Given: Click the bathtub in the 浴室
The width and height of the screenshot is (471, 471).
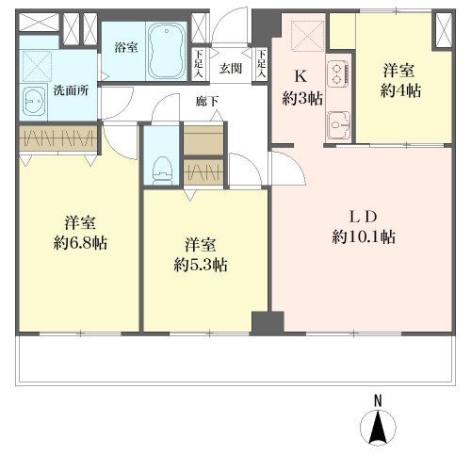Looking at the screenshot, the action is click(167, 51).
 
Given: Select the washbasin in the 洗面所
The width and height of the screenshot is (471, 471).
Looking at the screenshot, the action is click(34, 102).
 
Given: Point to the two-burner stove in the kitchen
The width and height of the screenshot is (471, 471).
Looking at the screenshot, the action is click(338, 73).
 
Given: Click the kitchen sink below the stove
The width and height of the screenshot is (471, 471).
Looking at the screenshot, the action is click(338, 125).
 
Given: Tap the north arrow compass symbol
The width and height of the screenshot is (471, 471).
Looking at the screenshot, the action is click(378, 427).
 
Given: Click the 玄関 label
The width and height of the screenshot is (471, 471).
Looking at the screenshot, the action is click(231, 68).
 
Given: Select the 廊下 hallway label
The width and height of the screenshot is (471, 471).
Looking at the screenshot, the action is click(206, 102).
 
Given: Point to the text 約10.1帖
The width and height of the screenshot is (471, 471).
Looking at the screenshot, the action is click(364, 236).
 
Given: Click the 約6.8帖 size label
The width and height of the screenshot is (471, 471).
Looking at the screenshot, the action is click(80, 243).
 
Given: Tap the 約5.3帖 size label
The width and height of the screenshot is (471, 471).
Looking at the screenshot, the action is click(201, 265).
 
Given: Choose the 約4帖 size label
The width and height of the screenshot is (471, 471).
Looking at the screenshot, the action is click(400, 90).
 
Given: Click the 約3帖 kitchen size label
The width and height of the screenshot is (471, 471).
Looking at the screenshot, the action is click(302, 99).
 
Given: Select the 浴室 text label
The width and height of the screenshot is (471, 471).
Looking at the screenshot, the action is click(126, 48).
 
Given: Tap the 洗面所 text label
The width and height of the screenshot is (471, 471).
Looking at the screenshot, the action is click(71, 90).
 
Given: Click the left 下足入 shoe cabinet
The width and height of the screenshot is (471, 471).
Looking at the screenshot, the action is click(199, 64).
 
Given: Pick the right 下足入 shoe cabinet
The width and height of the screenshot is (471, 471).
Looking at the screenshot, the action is click(262, 64).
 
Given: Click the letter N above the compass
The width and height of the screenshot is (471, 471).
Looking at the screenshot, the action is click(378, 401).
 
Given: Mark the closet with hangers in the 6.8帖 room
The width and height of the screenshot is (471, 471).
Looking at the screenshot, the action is click(58, 138).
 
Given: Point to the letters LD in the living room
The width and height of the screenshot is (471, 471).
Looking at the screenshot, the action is click(364, 217).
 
